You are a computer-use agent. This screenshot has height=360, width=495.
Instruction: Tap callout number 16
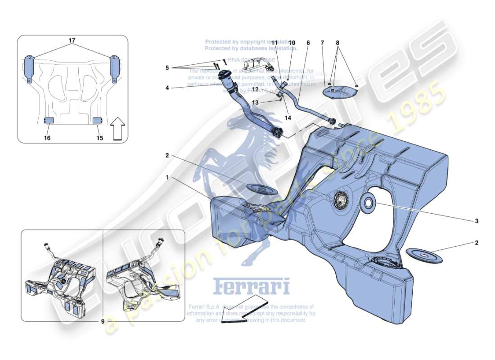pos(47,138)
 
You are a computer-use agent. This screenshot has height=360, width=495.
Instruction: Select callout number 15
pos(100,138)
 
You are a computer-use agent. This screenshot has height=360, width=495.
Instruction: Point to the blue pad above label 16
pos(48,120)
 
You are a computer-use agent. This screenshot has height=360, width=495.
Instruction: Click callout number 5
pos(167,68)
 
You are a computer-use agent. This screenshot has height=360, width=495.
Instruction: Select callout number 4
pos(167,88)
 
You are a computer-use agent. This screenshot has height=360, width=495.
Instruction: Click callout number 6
pos(308,43)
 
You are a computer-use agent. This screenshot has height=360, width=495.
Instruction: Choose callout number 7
pos(322,43)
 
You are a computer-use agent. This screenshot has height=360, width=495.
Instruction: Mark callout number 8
pos(338,43)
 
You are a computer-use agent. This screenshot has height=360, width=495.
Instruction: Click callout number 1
pos(167,178)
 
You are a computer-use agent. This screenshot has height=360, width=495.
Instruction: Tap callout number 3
pos(476,221)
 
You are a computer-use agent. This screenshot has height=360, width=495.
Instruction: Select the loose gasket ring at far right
pos(424,255)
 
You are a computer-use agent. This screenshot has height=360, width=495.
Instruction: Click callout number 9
pos(103,321)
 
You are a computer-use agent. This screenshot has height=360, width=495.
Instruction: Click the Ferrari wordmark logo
pos(251,286)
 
